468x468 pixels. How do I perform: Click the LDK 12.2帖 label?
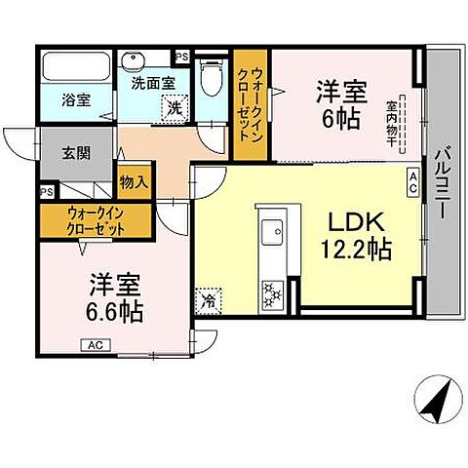352,236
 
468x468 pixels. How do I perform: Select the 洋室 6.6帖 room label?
117,298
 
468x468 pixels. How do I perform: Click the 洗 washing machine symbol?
173,107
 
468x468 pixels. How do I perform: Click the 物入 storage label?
135,181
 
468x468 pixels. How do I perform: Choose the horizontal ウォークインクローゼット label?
95,220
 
